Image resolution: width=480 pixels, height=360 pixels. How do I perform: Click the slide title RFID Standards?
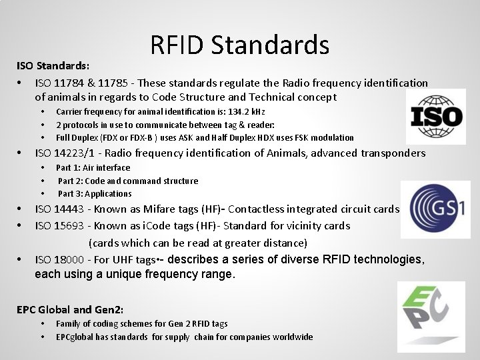point(240,45)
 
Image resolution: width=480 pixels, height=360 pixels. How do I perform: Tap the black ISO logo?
point(436,117)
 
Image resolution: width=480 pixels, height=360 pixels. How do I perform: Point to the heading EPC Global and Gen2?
point(70,309)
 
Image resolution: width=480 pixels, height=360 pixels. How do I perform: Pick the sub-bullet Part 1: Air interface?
point(93,168)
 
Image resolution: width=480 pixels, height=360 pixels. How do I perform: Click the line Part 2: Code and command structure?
point(127,181)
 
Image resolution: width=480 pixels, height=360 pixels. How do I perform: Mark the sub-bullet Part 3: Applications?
point(95,194)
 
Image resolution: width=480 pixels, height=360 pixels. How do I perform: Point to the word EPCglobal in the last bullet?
point(77,337)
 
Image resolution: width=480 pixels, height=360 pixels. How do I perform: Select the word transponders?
point(393,153)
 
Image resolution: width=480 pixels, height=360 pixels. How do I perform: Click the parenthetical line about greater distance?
point(197,243)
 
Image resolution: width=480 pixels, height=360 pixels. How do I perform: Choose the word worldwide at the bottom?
point(292,337)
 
